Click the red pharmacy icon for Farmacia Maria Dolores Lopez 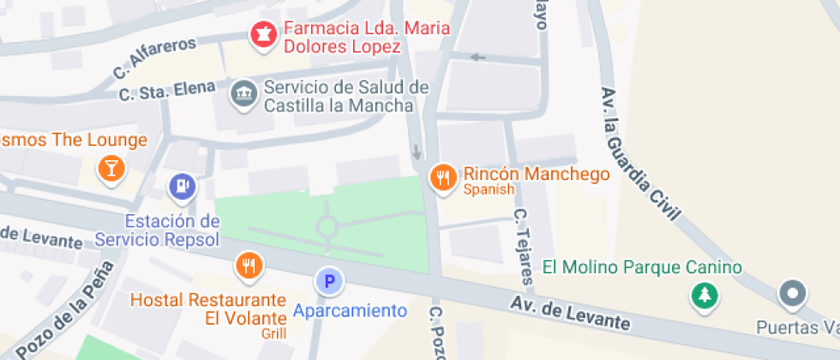pos(262,35)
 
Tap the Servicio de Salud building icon pos(244,94)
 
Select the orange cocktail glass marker pos(111,168)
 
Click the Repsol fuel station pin pos(182,186)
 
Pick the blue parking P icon pos(328,280)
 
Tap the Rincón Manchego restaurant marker pos(442,177)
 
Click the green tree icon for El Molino pos(705,297)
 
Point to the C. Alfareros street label pos(154,62)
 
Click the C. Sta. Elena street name pos(168,91)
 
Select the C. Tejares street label pos(524,245)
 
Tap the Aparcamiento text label pos(349,310)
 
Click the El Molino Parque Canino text pos(641,267)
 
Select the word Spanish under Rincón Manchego pos(489,189)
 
